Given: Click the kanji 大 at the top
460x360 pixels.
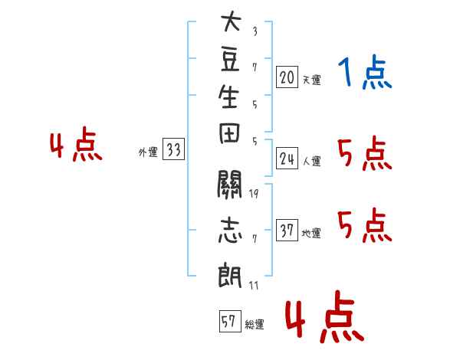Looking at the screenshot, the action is click(232, 21).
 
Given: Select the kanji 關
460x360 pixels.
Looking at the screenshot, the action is click(229, 184).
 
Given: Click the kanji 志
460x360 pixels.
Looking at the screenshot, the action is click(230, 230).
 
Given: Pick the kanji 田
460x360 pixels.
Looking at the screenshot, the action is click(229, 133).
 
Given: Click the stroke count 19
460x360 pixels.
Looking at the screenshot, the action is click(254, 194).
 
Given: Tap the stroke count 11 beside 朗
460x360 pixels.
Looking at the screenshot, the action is click(254, 285).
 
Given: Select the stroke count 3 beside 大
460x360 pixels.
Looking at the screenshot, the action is click(255, 31).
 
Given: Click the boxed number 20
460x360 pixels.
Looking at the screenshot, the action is click(287, 77).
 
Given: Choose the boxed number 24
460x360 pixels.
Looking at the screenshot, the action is click(287, 159).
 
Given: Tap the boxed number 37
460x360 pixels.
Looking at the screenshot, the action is click(287, 230).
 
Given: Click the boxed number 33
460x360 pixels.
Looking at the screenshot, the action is click(173, 149).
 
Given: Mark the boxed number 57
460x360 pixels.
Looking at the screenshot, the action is click(230, 321).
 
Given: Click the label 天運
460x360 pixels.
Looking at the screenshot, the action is click(311, 80).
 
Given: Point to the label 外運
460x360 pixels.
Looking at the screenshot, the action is click(148, 152).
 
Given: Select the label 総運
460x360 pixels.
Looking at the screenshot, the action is click(254, 324).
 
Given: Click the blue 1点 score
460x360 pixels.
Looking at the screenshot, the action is click(365, 72).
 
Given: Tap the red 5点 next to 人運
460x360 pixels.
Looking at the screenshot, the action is click(365, 153).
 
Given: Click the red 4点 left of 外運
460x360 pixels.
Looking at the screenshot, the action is click(76, 144).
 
